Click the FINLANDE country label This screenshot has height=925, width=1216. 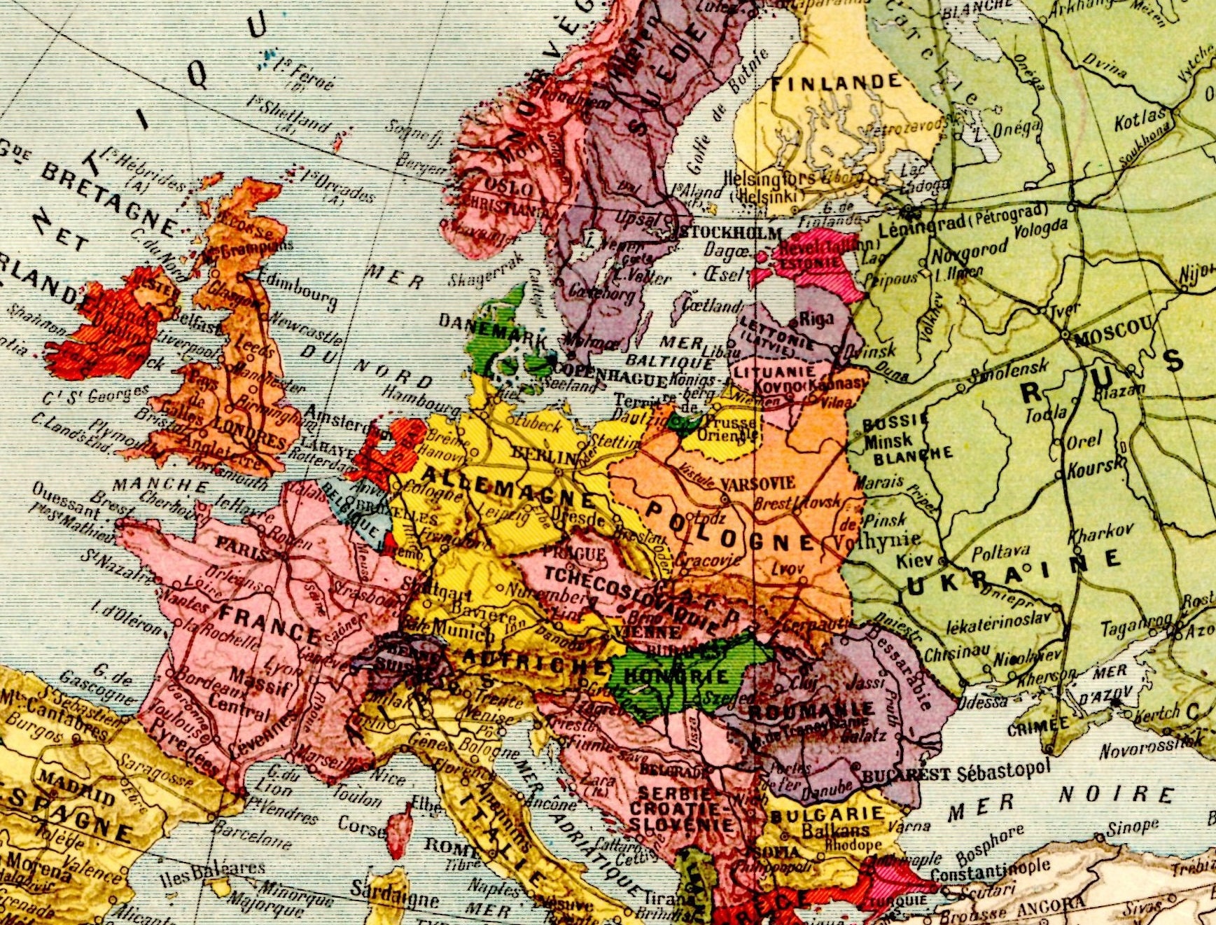[836, 83]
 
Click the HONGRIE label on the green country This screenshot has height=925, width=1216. [676, 676]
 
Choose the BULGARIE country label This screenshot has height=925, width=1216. [827, 814]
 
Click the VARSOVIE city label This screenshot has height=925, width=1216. [757, 483]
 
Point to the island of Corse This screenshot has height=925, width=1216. [400, 830]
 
